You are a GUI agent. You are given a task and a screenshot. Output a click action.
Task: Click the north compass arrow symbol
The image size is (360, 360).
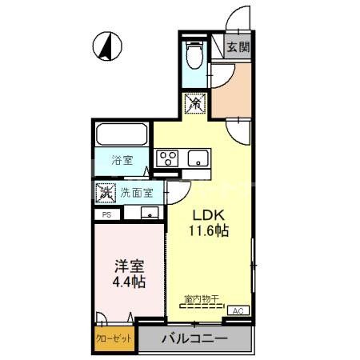104,46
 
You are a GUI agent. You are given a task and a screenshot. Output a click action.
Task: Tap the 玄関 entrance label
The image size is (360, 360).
238,46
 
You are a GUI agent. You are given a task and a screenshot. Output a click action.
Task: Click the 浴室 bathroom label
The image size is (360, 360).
122,160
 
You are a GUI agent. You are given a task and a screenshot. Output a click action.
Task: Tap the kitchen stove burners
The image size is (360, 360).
167,158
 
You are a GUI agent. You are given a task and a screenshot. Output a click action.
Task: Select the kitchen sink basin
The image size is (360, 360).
197,158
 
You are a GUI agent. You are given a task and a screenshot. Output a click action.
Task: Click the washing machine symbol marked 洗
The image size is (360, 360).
105,193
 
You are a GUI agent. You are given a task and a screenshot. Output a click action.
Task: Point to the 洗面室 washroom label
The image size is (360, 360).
137,193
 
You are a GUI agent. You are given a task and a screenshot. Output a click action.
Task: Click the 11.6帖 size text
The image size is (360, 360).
209,232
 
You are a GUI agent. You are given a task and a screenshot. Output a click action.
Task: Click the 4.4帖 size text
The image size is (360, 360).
128,283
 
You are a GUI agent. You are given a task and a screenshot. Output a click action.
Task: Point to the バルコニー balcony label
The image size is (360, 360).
195,338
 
